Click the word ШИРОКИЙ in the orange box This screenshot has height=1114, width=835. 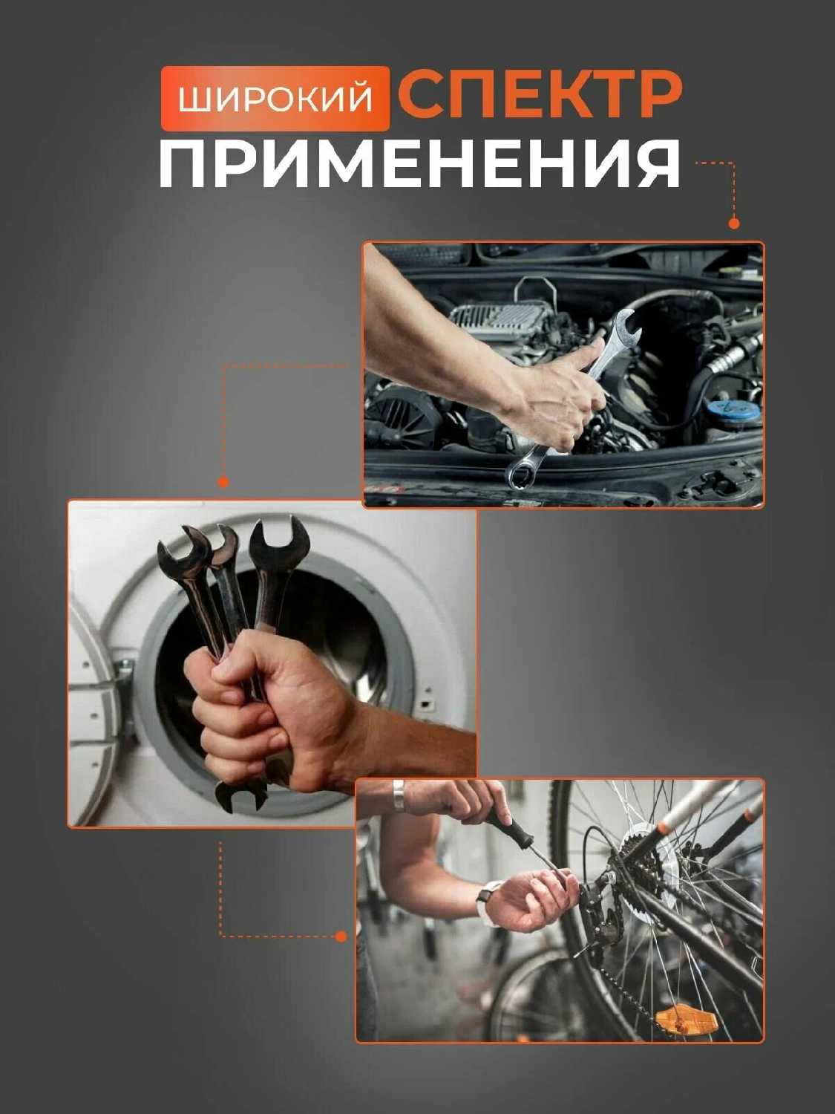pos(275,99)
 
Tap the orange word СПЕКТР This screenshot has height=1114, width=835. pos(540,95)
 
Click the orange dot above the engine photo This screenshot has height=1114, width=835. pos(733,224)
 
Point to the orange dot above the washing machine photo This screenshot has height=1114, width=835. pos(223,482)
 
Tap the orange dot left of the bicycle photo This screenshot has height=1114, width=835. pos(341,937)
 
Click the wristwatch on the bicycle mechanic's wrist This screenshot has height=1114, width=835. pos(488,902)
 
